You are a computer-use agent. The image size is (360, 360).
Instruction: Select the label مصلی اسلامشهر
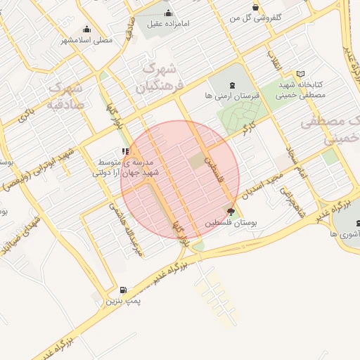[x=87, y=40]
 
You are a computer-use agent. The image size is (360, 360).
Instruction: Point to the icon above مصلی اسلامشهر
[x=86, y=29]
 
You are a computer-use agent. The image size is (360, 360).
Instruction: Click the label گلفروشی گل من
[x=257, y=16]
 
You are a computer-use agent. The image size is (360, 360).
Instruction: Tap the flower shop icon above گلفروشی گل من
[x=255, y=7]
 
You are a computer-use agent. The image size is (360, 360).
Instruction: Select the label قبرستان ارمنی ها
[x=233, y=94]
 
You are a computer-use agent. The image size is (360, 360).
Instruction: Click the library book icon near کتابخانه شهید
[x=301, y=74]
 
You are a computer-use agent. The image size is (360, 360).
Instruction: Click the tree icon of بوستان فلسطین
[x=231, y=210]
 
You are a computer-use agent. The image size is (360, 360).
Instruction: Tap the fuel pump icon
[x=124, y=290]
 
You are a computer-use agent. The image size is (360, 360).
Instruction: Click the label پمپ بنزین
[x=124, y=301]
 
